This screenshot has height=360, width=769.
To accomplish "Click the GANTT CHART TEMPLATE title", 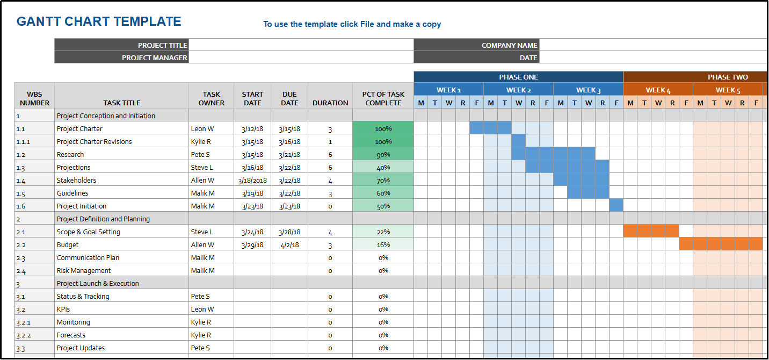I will tap(99, 22).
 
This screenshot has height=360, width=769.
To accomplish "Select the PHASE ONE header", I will tap(518, 77).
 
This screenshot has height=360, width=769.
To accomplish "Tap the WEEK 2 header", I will tap(518, 90).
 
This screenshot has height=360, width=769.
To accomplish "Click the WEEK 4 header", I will tap(658, 90).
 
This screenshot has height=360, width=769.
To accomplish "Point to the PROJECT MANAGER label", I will tap(155, 57).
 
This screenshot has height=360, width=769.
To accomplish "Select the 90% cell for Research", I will tap(383, 154).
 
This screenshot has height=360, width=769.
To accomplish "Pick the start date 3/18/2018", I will tap(252, 180).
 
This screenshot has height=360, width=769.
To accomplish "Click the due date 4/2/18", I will tap(289, 244).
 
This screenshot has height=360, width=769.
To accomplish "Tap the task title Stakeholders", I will tap(76, 180).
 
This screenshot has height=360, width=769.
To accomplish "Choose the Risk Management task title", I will tap(84, 270).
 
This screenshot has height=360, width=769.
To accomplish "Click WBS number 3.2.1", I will tap(23, 322).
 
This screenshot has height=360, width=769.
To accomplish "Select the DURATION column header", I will tap(330, 103).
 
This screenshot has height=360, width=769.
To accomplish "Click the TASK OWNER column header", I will tap(211, 98).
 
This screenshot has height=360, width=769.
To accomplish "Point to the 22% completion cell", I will tap(383, 232).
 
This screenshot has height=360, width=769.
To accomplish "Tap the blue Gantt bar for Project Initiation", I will tap(616, 205).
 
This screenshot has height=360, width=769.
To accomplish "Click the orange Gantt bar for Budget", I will tap(721, 244).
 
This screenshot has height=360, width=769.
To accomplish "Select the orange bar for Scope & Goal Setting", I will tap(651, 231).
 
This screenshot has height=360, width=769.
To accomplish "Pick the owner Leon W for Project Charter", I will tap(202, 128).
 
